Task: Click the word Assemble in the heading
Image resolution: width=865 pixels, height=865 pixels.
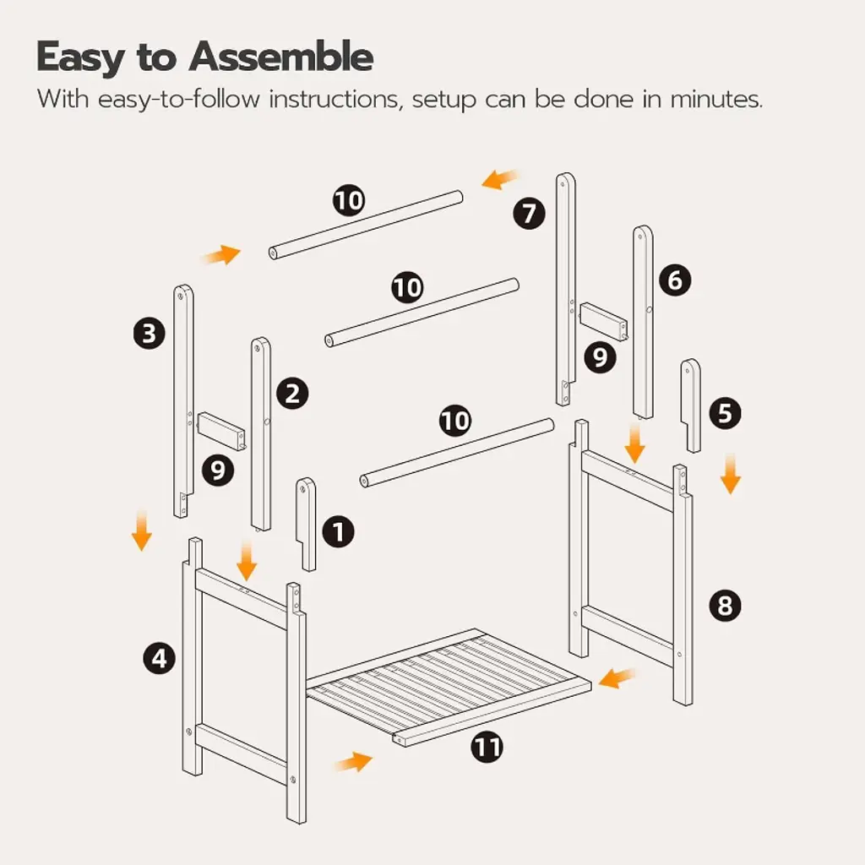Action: [x=280, y=57]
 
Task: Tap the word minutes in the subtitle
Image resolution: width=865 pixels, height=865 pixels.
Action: [x=716, y=100]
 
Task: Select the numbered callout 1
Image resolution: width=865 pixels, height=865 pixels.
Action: [x=338, y=531]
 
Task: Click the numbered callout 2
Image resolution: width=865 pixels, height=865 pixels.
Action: [x=292, y=394]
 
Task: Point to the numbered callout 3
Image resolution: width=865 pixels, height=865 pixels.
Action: [x=150, y=333]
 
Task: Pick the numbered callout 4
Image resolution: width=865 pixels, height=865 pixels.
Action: [x=160, y=658]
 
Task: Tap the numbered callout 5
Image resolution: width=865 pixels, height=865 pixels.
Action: [x=725, y=413]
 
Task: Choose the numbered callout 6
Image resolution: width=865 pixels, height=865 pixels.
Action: [x=675, y=280]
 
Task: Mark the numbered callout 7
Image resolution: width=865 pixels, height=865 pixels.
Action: [x=529, y=214]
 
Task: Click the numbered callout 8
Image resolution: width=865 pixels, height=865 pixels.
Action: [x=725, y=605]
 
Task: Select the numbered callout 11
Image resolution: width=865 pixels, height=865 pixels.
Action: [x=487, y=747]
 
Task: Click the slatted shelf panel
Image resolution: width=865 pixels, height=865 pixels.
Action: [x=449, y=687]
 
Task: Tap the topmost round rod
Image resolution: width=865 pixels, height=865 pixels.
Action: [x=366, y=225]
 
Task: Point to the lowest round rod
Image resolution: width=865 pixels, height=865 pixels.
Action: [x=457, y=453]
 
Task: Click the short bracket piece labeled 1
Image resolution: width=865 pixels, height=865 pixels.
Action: [x=306, y=524]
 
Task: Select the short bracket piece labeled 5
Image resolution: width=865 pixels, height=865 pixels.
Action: [x=691, y=405]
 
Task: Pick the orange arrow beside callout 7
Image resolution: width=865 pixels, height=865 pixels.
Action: [x=500, y=179]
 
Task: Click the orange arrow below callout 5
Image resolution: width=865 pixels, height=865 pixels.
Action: [x=731, y=473]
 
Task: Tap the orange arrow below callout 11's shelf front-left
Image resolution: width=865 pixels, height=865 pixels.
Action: [x=354, y=762]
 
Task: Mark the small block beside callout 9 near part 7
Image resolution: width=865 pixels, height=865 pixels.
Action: [x=603, y=321]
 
